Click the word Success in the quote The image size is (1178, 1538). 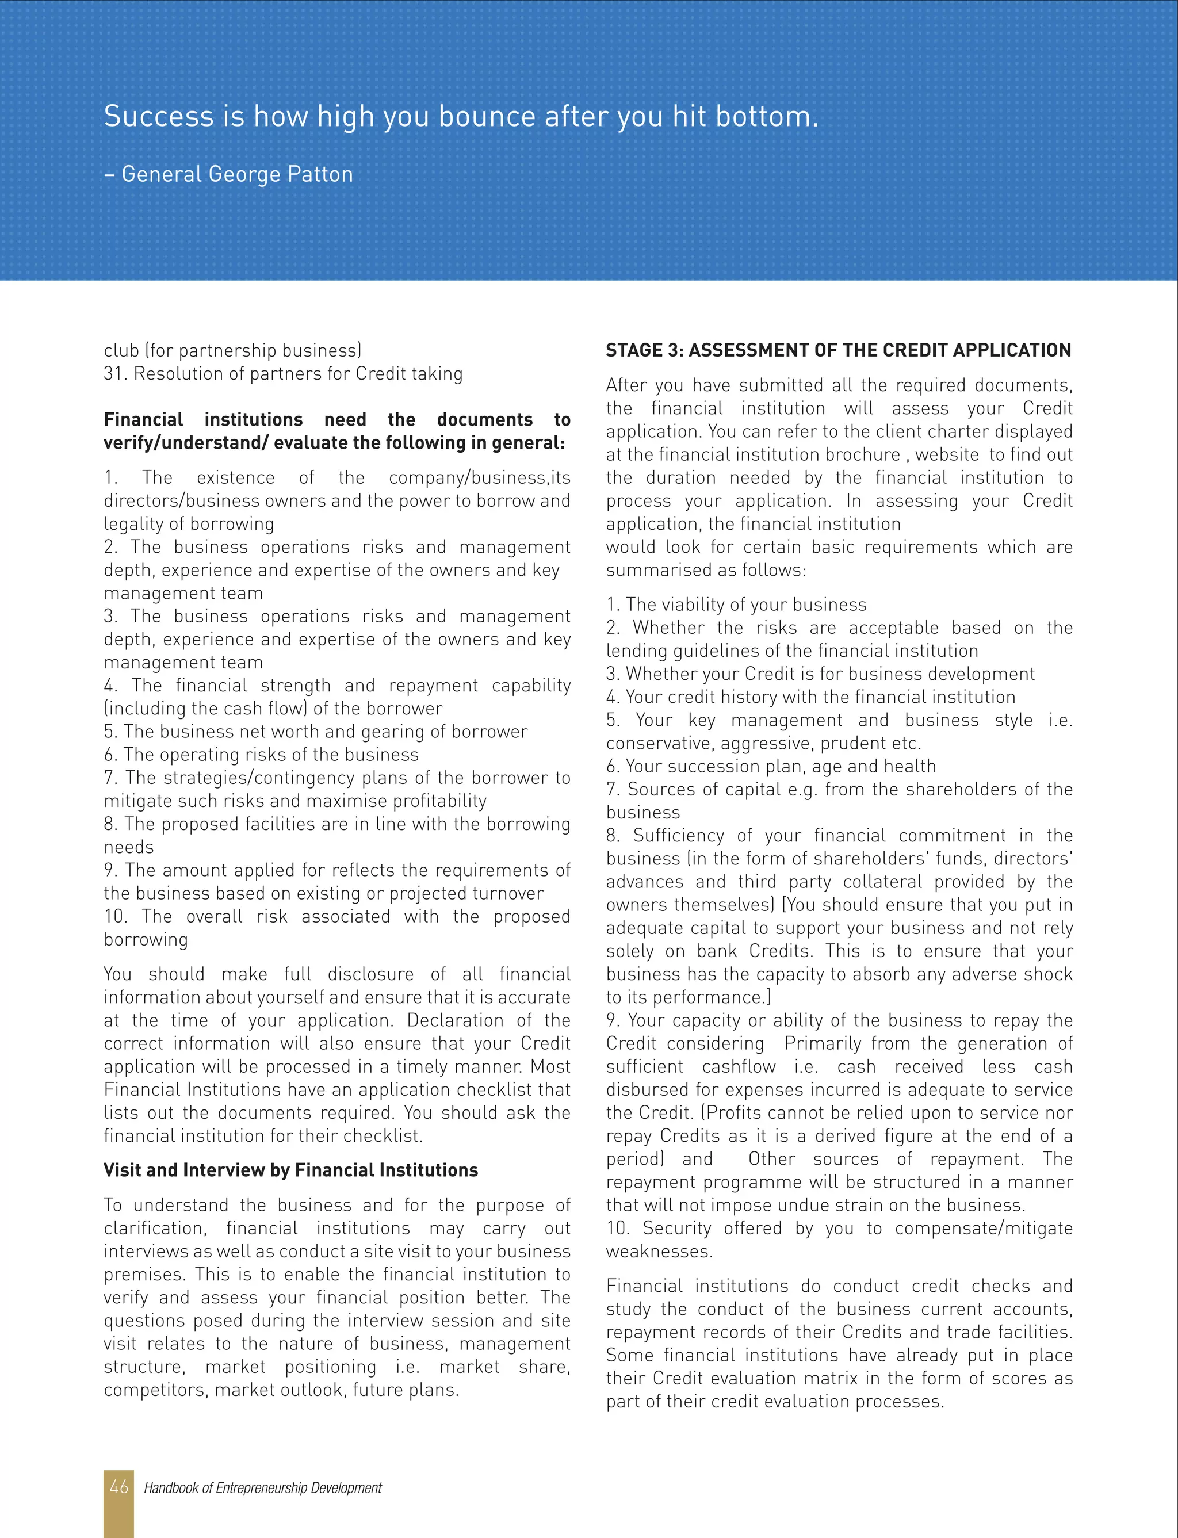[x=159, y=116]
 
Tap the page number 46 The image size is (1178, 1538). [x=118, y=1487]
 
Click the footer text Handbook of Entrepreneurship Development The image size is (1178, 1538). [x=263, y=1487]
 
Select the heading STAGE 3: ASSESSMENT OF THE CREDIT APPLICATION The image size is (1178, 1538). [x=838, y=350]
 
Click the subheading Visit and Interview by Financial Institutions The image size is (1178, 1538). [x=290, y=1170]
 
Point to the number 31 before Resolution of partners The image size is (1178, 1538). [x=113, y=374]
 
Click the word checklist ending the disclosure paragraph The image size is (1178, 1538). [x=385, y=1135]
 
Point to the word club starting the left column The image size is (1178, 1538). [x=121, y=350]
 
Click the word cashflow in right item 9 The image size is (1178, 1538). [x=739, y=1067]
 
